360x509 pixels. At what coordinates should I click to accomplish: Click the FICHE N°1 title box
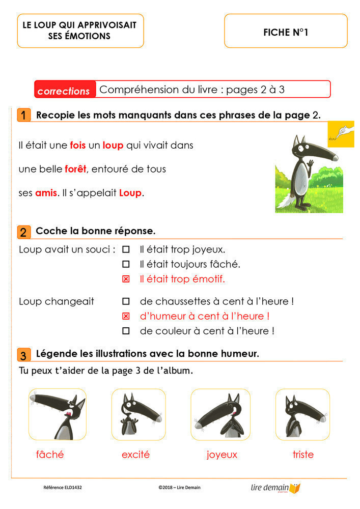286,32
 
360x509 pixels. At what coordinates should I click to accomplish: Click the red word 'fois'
78,145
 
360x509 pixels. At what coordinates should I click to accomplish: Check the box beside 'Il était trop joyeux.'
126,250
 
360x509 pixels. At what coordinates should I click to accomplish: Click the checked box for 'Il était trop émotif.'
126,279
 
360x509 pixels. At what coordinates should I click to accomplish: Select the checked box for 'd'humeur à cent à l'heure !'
126,316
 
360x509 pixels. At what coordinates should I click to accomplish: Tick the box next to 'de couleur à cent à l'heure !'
126,331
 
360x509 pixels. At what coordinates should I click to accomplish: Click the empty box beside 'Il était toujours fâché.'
126,265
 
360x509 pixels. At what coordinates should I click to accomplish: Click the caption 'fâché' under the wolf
50,455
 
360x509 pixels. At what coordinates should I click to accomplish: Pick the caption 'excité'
135,455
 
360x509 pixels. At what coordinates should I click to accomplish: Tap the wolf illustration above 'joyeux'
220,414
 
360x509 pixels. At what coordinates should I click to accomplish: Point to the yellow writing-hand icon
341,134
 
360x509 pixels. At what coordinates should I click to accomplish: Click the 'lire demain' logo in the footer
275,488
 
